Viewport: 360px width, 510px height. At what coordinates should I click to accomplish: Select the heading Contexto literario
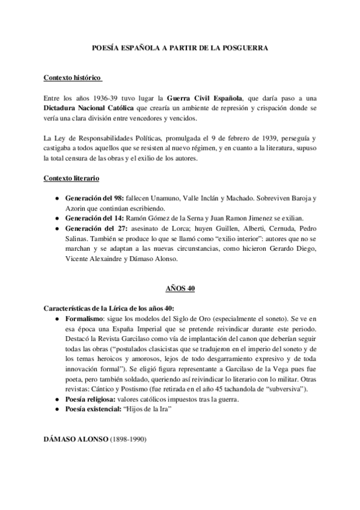[72, 179]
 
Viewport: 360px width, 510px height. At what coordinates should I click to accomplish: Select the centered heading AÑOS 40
[179, 289]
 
